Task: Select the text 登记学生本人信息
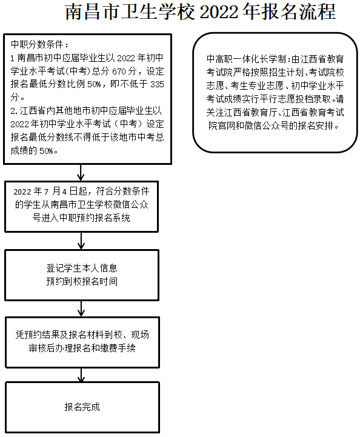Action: coord(82,268)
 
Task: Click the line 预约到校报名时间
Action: coord(82,282)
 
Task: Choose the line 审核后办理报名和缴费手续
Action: coord(82,349)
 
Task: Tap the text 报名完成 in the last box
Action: coord(82,407)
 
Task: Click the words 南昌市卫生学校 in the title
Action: coord(127,13)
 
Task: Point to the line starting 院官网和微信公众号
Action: coord(273,126)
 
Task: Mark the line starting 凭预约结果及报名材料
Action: coord(82,335)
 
